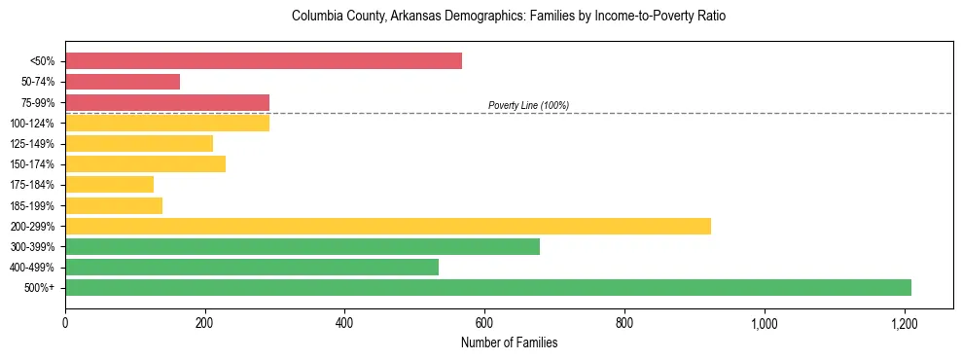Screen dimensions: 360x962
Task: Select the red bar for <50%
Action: click(x=264, y=61)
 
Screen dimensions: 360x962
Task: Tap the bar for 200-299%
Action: click(x=388, y=226)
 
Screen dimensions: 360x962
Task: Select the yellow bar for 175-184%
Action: click(x=109, y=185)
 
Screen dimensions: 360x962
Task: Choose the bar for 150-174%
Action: click(x=145, y=163)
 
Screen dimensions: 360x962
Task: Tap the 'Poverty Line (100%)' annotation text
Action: click(x=528, y=105)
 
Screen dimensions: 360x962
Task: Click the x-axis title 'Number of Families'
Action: click(x=509, y=342)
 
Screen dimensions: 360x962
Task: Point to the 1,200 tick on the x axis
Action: click(x=904, y=321)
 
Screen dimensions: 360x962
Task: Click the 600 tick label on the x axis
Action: click(x=484, y=321)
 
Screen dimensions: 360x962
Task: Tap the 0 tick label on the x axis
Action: click(x=65, y=321)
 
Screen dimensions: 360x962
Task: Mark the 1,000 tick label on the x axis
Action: click(x=764, y=321)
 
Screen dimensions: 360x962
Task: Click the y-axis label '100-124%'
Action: click(x=32, y=124)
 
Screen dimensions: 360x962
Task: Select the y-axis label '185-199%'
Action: click(x=32, y=205)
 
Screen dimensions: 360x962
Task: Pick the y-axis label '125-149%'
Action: click(x=32, y=144)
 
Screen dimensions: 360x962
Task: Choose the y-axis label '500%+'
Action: click(x=39, y=288)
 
